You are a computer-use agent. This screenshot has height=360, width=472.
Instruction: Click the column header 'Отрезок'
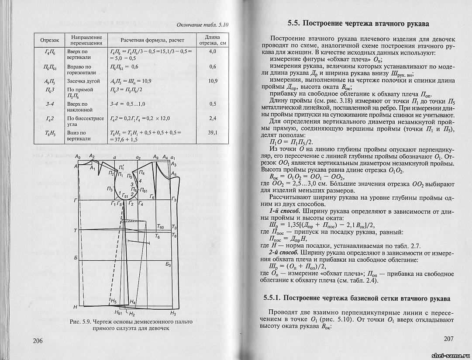(x=49, y=41)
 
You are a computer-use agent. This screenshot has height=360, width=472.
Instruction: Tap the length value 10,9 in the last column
(x=213, y=81)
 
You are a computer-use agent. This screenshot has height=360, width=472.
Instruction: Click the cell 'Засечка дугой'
(x=83, y=81)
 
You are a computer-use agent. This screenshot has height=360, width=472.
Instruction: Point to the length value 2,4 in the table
(x=213, y=118)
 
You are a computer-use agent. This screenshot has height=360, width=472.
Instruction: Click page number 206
(x=40, y=340)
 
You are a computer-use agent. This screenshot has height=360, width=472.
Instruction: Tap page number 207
(x=448, y=339)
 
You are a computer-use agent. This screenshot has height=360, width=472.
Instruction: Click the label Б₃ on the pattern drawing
(x=169, y=265)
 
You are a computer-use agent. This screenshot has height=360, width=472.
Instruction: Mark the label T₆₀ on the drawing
(x=160, y=227)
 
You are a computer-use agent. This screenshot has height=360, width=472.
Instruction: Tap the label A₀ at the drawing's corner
(x=78, y=156)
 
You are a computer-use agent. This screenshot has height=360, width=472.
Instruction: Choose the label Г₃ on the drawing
(x=174, y=199)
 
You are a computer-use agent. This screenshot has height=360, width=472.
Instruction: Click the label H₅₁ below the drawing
(x=117, y=312)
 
